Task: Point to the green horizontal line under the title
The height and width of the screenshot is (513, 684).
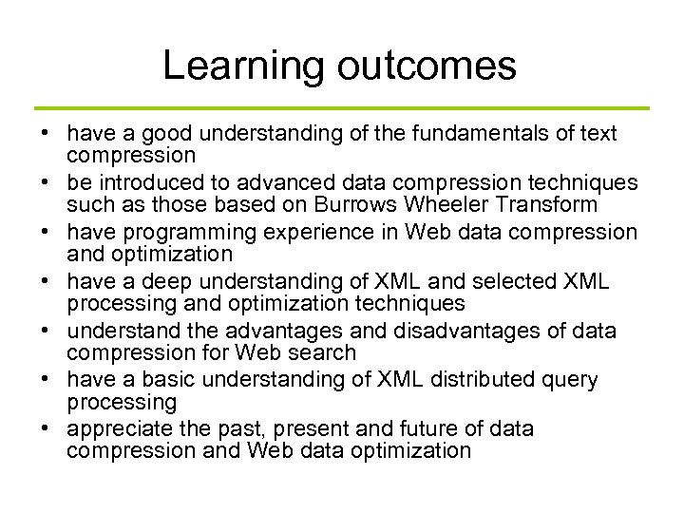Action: (x=342, y=108)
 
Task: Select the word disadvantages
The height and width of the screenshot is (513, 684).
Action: (x=474, y=332)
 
